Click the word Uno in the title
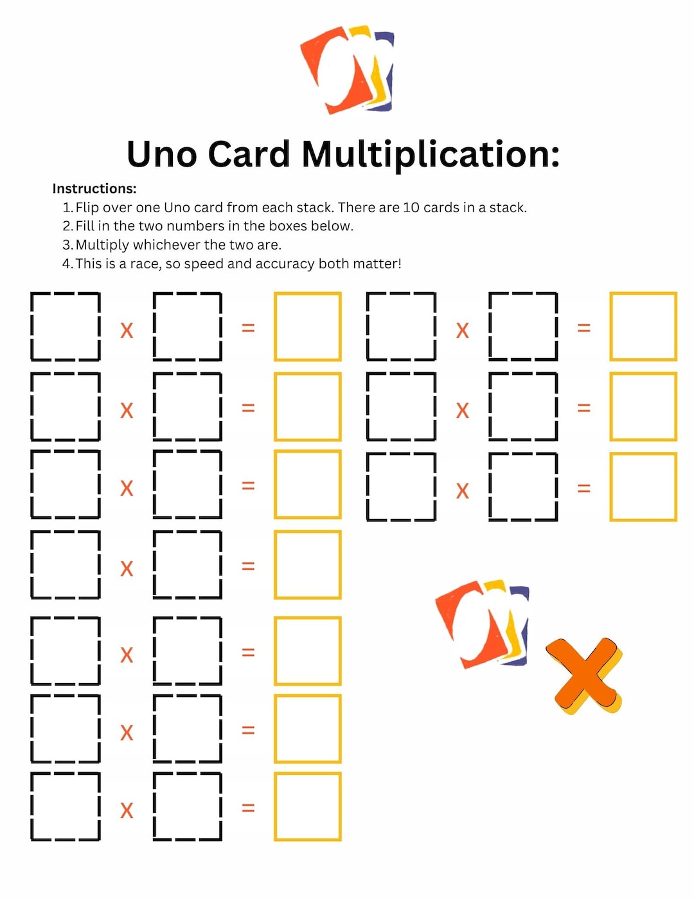[x=161, y=155]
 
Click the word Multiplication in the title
[x=431, y=155]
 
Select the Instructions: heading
[x=94, y=188]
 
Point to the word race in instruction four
[x=145, y=264]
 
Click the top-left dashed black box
[x=66, y=327]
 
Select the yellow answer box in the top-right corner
[x=643, y=327]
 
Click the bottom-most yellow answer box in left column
[x=308, y=807]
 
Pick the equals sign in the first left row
[x=248, y=328]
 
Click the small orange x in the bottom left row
[x=127, y=810]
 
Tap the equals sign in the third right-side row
[x=583, y=489]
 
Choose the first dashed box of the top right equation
[x=401, y=327]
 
